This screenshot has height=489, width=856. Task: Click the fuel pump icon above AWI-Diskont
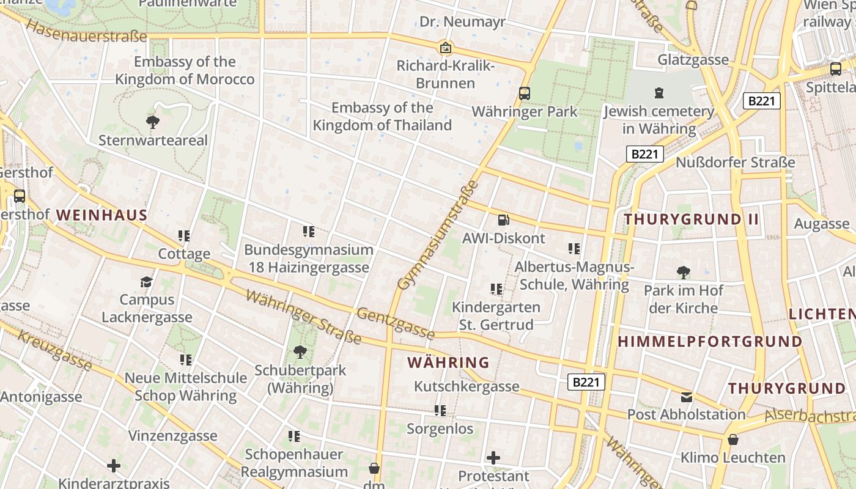pos(503,219)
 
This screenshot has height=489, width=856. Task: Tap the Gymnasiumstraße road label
pos(437,236)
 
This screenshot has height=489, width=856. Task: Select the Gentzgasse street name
pos(396,323)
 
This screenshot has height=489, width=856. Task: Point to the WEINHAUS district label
pos(102,215)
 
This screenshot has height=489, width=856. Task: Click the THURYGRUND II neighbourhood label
pos(691,219)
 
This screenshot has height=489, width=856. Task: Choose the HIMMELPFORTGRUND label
pos(710,342)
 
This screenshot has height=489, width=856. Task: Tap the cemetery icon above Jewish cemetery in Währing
pos(659,93)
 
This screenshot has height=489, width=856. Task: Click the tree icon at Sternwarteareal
pos(153,122)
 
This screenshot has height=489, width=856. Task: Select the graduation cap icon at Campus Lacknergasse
pos(146,281)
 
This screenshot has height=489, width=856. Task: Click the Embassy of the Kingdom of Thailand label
pos(382,117)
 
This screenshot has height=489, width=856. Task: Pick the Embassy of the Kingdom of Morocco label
pos(185,70)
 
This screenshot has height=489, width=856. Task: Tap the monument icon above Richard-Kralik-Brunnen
pos(446,47)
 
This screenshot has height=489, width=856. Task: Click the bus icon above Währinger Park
pos(524,93)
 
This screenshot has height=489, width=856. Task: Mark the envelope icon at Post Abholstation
pos(687,397)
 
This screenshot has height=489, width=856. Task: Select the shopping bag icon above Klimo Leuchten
pos(732,439)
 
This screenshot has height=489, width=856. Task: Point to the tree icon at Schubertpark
pos(300,351)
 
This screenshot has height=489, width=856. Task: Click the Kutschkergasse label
pos(467,386)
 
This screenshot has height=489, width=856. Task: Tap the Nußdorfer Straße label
pos(735,163)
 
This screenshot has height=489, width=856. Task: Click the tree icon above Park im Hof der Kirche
pos(683,272)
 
